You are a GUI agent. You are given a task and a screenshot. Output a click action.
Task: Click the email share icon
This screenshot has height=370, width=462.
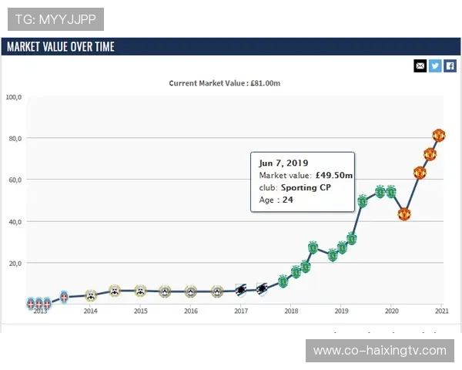pos(420,66)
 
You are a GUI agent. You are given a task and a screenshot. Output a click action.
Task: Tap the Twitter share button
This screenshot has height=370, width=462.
pos(435,66)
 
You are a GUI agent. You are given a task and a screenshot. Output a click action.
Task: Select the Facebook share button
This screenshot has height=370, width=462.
pos(450,66)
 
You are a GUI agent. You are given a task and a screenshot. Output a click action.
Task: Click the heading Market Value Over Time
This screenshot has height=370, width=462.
pos(61,46)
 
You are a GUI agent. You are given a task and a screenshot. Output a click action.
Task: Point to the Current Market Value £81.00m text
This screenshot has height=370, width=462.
pos(225,83)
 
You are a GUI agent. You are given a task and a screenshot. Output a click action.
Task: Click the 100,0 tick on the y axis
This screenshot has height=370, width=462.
pos(15,97)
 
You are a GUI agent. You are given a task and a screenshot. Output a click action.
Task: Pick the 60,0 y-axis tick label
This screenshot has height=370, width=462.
pos(15,180)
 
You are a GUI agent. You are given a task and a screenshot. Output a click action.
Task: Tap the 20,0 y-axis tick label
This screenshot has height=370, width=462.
pos(15,263)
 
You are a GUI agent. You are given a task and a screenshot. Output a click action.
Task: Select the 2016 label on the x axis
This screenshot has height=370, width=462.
pos(191,311)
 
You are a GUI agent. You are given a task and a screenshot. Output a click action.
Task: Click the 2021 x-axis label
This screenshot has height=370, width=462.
pos(441,311)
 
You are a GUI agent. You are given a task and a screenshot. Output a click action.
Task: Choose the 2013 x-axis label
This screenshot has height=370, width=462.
pos(40,311)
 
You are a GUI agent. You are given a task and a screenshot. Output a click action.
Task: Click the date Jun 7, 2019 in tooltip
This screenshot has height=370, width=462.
pos(283,163)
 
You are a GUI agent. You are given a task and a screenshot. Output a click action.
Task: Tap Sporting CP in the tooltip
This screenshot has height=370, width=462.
pos(306,187)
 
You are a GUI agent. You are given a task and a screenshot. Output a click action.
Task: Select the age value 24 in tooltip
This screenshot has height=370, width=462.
pos(288,200)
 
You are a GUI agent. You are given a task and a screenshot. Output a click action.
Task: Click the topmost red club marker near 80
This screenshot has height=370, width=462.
pos(439,136)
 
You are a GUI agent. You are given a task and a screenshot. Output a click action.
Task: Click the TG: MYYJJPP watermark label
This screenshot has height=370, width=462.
pos(55,19)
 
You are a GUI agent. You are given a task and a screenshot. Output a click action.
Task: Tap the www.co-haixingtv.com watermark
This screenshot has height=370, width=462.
pos(380,351)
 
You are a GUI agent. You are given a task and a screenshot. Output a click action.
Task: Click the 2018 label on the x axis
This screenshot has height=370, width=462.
pos(291,311)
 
